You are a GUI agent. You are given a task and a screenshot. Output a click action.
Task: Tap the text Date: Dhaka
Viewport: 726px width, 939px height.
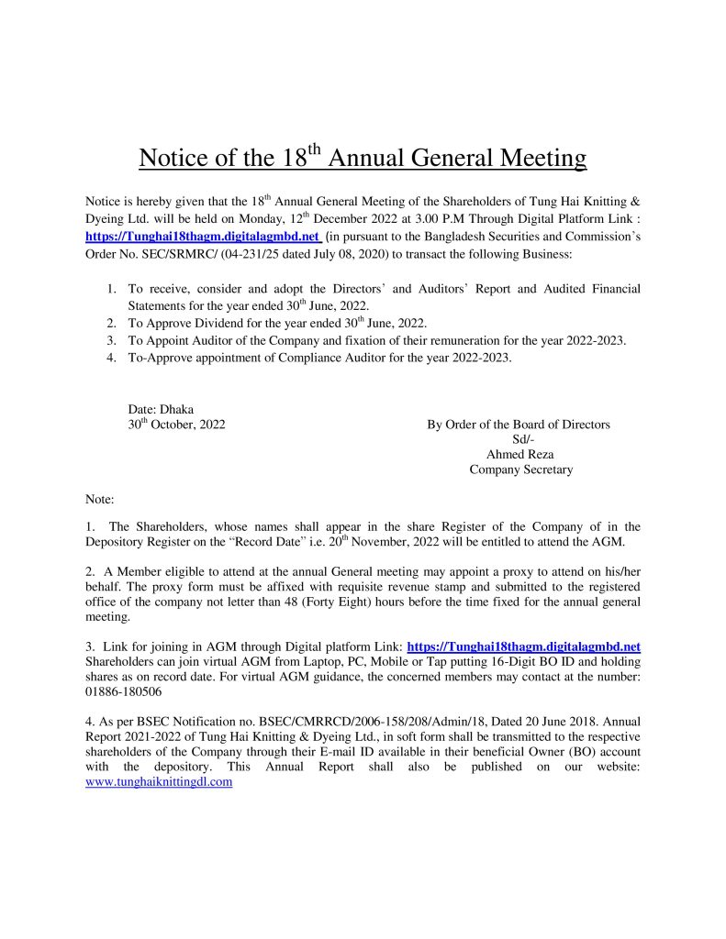(x=161, y=409)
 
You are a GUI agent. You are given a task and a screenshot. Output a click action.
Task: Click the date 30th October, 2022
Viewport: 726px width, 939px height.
(x=176, y=425)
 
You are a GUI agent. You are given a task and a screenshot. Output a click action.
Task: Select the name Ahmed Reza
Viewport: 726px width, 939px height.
(x=519, y=454)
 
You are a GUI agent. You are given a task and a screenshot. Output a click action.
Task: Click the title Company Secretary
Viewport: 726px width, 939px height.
(x=520, y=469)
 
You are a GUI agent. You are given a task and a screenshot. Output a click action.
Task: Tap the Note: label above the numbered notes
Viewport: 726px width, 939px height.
(x=99, y=500)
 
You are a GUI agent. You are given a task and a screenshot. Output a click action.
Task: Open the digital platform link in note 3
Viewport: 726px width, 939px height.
(x=523, y=646)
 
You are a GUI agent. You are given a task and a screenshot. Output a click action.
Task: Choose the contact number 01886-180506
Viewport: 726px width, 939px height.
(x=123, y=691)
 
